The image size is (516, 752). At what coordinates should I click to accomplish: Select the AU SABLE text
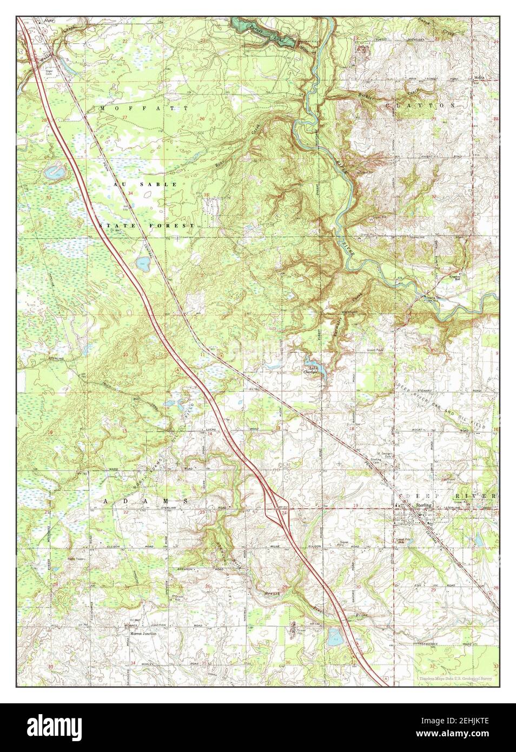pyautogui.click(x=145, y=184)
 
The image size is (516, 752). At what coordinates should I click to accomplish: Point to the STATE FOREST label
pyautogui.click(x=147, y=225)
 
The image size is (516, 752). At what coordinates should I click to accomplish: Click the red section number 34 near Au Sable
pyautogui.click(x=130, y=193)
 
